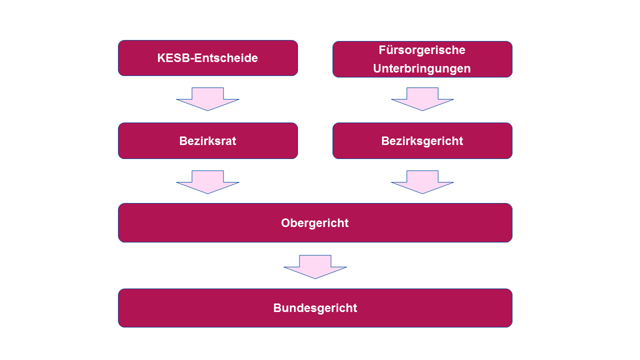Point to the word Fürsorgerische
coord(422,50)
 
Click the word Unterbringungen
coord(422,68)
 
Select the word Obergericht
coord(315,223)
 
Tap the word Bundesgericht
coord(315,308)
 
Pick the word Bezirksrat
coord(207,141)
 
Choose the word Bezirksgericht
coord(422,141)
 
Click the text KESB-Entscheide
coord(207,58)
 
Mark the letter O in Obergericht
coord(285,223)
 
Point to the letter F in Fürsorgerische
coord(382,50)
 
